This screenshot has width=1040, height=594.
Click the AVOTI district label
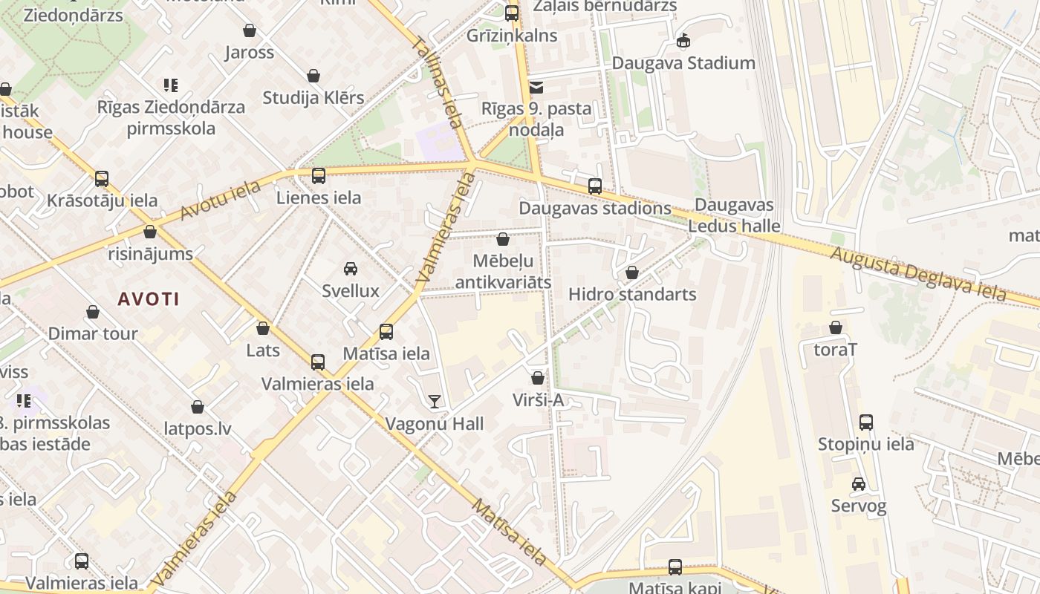(149, 299)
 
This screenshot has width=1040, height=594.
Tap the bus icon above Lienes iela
(319, 176)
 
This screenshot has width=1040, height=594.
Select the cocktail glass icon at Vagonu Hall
(435, 402)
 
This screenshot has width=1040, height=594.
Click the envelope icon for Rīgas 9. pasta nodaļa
(536, 88)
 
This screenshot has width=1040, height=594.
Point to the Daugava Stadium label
(683, 63)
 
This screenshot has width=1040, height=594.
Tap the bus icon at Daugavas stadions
(595, 186)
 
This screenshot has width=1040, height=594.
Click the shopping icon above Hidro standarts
(632, 272)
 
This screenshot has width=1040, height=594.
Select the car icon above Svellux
(351, 269)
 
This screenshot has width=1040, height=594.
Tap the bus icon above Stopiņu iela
(866, 422)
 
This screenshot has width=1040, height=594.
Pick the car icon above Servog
(859, 484)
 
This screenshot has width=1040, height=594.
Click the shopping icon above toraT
(836, 327)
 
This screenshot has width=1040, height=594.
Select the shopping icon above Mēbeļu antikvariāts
(503, 239)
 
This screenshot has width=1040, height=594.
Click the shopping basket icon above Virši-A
(538, 378)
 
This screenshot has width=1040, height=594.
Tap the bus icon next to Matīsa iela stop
(386, 332)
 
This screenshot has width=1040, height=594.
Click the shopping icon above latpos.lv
(198, 407)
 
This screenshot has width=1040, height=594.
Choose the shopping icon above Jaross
(250, 30)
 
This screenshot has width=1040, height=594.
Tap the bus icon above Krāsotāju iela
(102, 179)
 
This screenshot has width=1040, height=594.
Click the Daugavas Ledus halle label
(734, 215)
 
